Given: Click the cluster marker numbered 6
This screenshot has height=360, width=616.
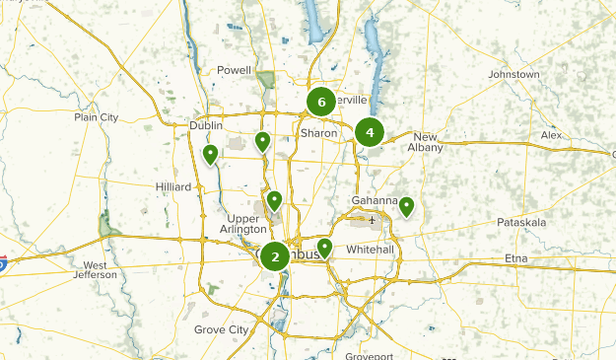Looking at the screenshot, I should point(321,102).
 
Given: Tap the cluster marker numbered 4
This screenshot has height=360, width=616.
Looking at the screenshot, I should point(370,132).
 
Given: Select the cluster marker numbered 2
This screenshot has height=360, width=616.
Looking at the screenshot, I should point(275,256).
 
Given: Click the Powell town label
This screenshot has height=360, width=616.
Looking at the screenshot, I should point(234,71).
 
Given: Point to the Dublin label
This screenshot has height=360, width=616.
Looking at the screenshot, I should point(207,126).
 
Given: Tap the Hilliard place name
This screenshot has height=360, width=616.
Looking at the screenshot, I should point(171,185).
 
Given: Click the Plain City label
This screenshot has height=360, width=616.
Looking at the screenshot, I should point(96,117).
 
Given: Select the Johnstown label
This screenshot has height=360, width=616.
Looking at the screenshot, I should point(513,75).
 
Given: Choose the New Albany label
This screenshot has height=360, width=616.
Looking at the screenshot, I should point(427,142).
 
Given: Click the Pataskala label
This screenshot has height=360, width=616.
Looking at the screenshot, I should point(521,223).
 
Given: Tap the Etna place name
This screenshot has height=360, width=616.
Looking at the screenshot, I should point(516,258).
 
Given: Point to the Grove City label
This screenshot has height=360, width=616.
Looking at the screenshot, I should point(221,329).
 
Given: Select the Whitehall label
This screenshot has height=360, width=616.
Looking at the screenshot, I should point(371,251).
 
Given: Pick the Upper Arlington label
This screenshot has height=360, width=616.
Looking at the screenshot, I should point(241,224).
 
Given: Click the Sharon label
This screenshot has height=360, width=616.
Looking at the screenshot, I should point(319,133).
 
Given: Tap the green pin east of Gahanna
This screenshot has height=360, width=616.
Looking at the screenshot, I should point(406,206).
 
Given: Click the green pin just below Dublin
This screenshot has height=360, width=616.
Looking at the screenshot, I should point(210,154).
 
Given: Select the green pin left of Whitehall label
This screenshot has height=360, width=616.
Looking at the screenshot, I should point(324,247).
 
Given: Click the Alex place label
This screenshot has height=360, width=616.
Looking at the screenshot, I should point(550,135).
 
